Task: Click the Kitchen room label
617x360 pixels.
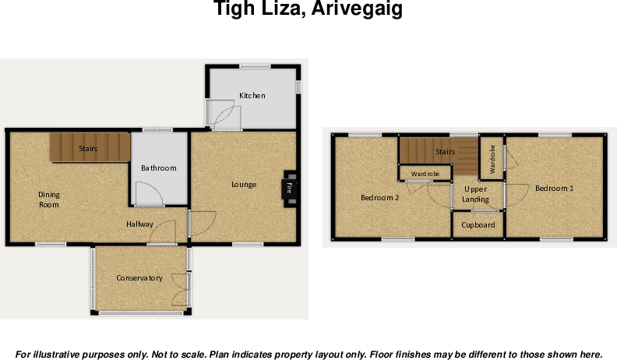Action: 252,96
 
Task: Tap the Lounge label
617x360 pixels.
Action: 244,185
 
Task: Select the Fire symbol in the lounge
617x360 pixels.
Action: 288,188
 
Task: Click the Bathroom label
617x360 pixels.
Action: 158,168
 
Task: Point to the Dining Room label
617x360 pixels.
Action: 49,199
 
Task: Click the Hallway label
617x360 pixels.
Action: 141,224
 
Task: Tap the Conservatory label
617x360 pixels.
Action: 139,278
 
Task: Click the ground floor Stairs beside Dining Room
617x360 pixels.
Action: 88,147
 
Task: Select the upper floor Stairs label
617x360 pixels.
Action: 445,152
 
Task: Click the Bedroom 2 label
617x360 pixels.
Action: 379,198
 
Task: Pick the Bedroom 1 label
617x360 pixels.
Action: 554,189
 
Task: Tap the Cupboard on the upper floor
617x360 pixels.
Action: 478,225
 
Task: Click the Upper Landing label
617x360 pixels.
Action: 476,194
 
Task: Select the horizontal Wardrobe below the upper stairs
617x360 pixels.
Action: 425,174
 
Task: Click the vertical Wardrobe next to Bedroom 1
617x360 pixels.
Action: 492,159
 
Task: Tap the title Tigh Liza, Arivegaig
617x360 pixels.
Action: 308,11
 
